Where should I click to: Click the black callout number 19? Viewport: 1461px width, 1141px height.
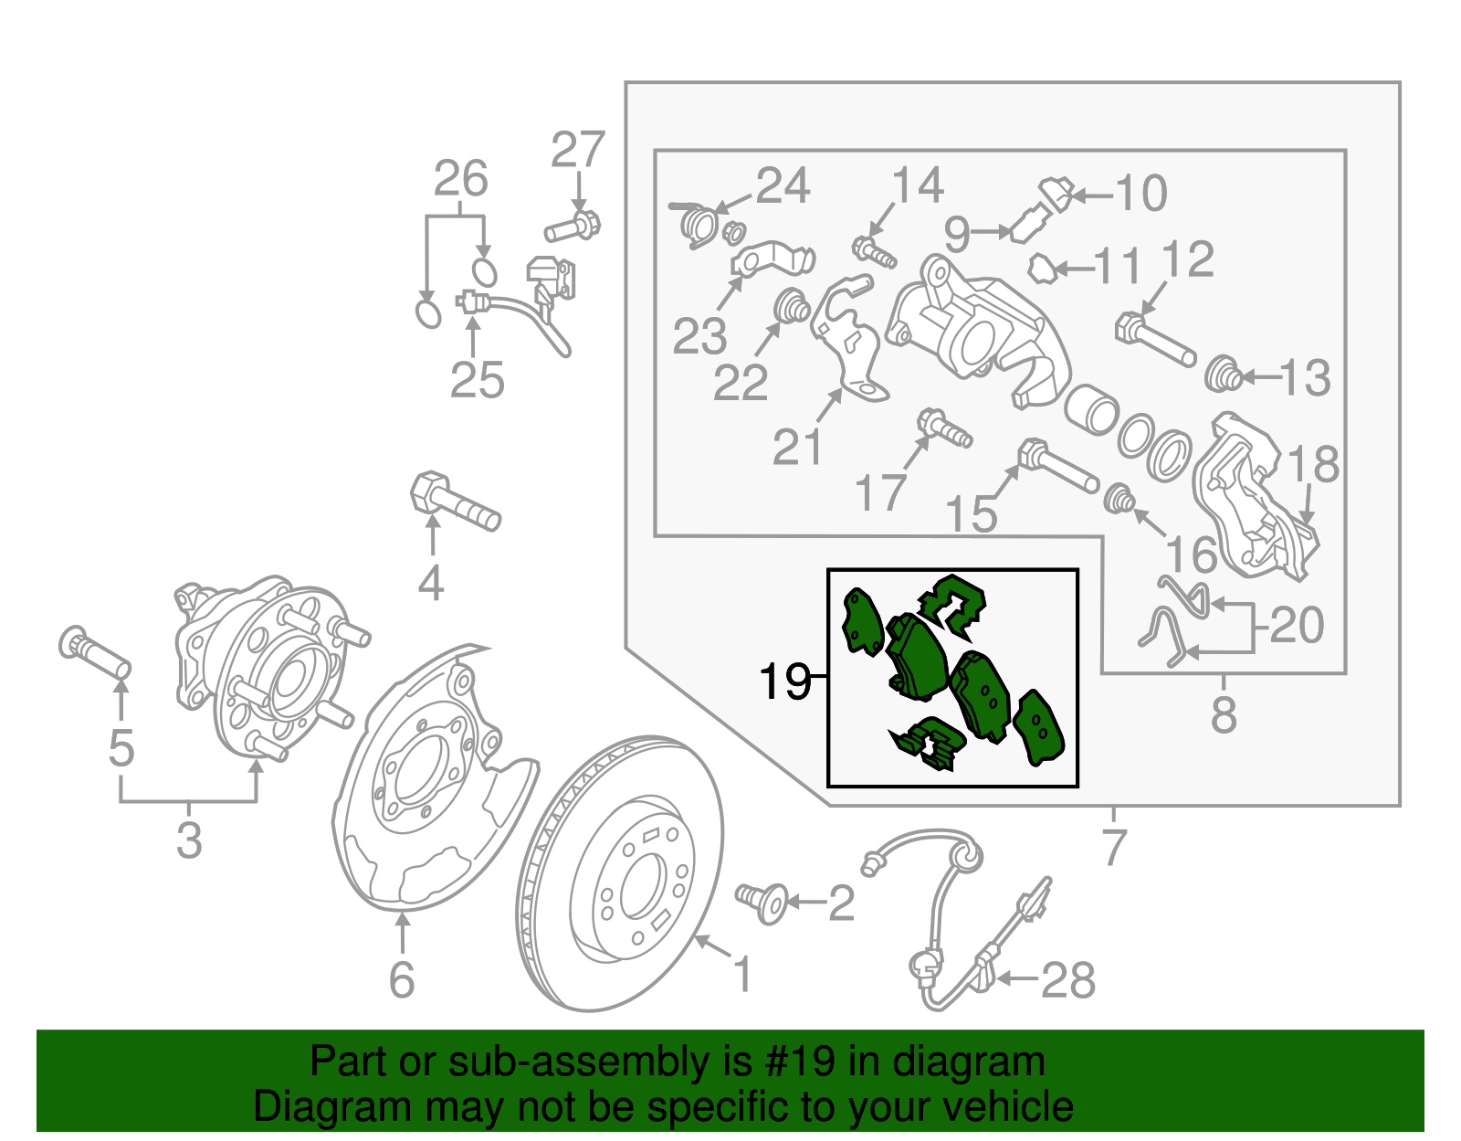pos(784,681)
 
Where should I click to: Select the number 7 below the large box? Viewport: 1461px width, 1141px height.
pos(1114,847)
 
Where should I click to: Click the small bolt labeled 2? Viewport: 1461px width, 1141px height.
pos(762,901)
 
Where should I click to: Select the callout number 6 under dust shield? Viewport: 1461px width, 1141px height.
pos(402,980)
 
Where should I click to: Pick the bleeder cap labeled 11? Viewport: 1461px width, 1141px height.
pos(1043,269)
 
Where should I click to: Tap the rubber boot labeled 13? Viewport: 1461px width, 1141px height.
pos(1223,375)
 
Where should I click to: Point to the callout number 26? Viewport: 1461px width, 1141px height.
pos(460,179)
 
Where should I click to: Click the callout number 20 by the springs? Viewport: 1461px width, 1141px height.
pos(1297,626)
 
